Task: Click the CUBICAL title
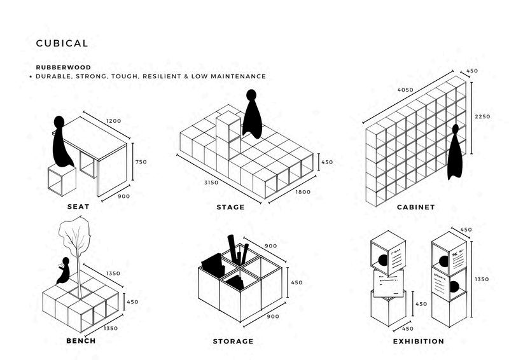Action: click(x=62, y=44)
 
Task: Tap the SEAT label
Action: click(x=78, y=207)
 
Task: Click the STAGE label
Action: click(x=230, y=207)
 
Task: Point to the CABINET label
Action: click(x=415, y=207)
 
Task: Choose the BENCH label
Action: click(x=81, y=341)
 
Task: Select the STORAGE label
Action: click(x=233, y=342)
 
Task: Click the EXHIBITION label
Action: click(x=418, y=342)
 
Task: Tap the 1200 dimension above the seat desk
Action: click(x=113, y=121)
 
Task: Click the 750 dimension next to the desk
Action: click(x=141, y=162)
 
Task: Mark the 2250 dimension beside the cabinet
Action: click(x=482, y=117)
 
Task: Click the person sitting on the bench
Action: click(x=64, y=272)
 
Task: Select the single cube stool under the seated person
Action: click(x=61, y=181)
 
